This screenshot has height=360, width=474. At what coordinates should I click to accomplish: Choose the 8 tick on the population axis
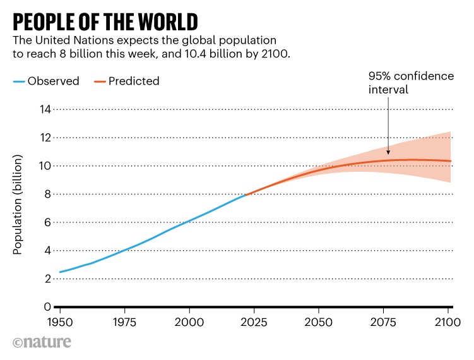[46, 194]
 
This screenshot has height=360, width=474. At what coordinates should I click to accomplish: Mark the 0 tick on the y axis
[46, 307]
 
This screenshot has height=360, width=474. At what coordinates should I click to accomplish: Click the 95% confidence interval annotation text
[411, 83]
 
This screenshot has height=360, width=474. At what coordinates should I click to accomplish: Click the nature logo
[42, 343]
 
